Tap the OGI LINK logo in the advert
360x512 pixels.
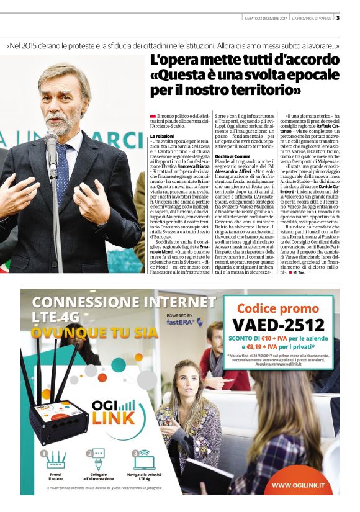click(x=113, y=413)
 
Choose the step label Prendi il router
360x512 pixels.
click(x=56, y=476)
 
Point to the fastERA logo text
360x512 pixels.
click(x=181, y=322)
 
